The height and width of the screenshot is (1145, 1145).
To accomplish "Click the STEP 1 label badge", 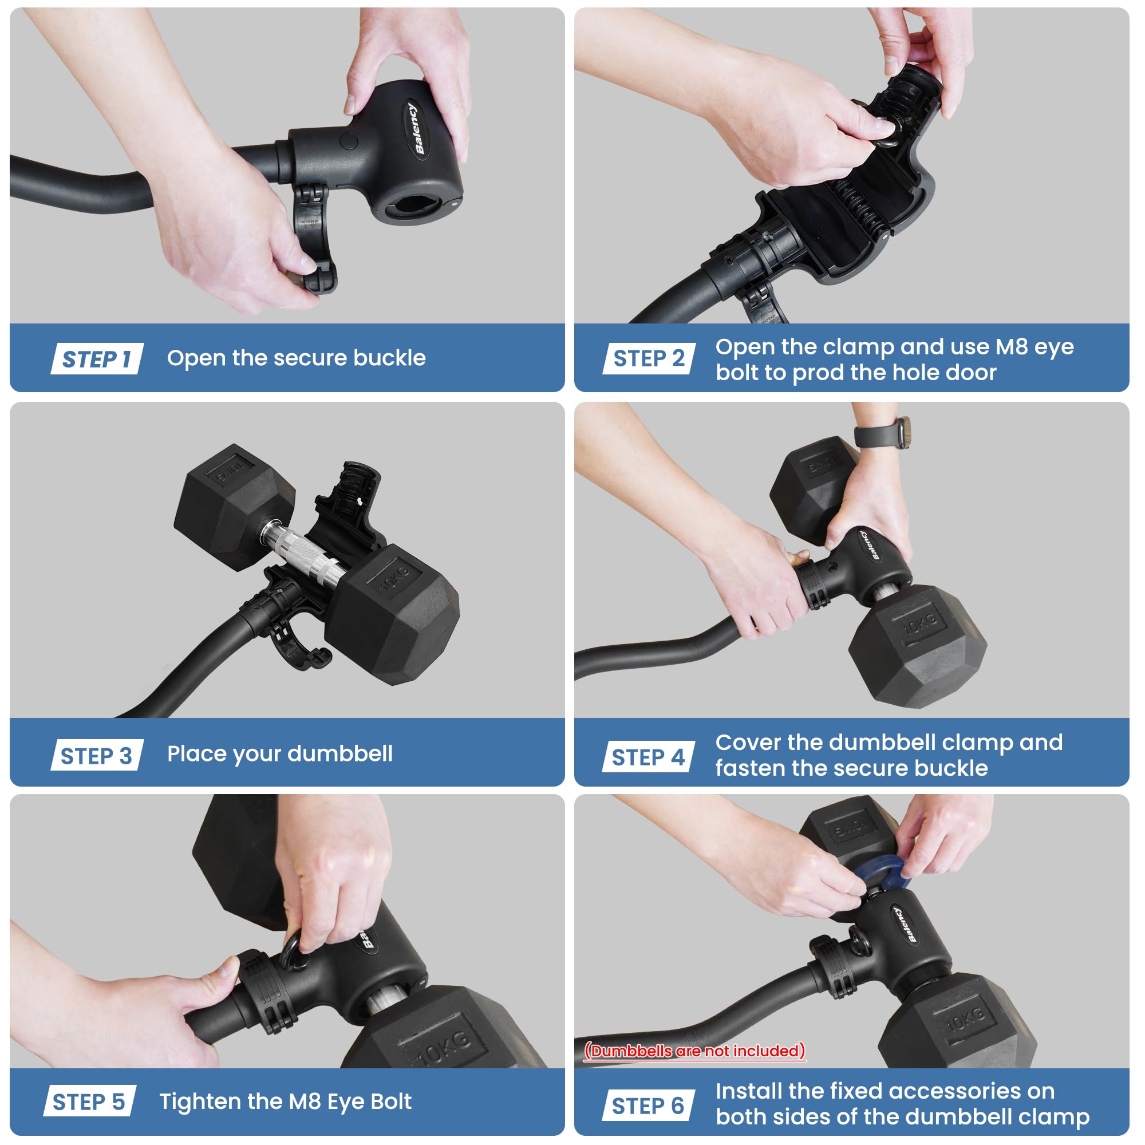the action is pos(97,358).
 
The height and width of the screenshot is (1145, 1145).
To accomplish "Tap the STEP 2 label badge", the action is pos(649,358).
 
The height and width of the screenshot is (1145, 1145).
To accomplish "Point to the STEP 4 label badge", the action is pos(649,757).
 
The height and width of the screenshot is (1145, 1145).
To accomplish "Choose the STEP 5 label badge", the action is pos(89,1101).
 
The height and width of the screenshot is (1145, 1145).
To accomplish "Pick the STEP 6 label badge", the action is pos(649,1106).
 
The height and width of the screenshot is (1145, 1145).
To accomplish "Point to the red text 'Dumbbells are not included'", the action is pos(695,1051).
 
